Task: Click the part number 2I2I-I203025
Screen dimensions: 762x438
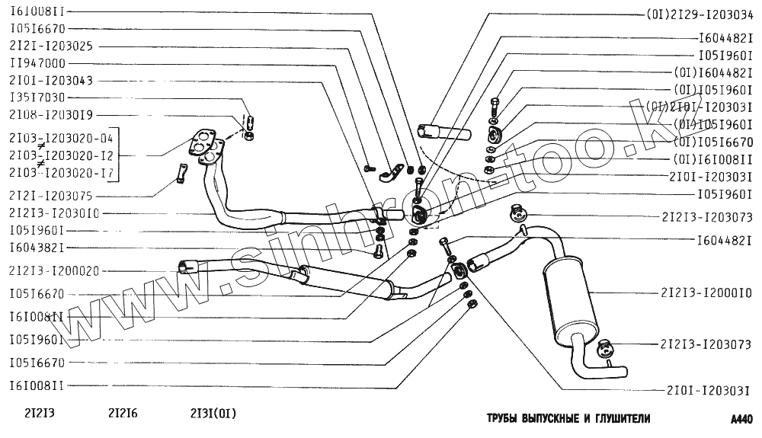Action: (51, 46)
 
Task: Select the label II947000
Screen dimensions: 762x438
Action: (37, 63)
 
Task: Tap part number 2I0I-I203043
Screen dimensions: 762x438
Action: (51, 80)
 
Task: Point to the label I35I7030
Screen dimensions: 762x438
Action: (37, 98)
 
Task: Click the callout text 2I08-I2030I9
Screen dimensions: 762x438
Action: (51, 115)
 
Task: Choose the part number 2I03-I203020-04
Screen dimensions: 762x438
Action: (61, 138)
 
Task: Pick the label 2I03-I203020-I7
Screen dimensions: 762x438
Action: (61, 172)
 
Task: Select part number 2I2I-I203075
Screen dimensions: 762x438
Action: (51, 195)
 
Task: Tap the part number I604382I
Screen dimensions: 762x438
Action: (37, 248)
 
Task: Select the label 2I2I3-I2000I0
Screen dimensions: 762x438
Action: (706, 293)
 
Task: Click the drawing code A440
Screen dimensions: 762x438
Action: (741, 419)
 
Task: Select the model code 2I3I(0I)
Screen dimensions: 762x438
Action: (213, 414)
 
